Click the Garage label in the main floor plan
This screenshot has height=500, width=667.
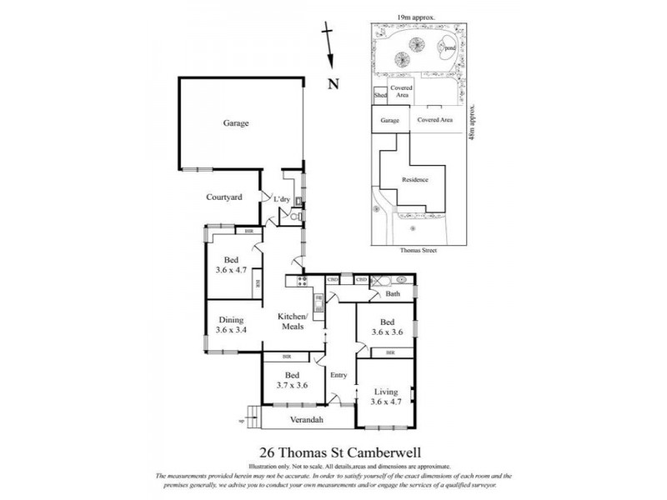(x=236, y=123)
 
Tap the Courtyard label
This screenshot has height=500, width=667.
(x=224, y=197)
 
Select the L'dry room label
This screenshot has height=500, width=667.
(x=282, y=199)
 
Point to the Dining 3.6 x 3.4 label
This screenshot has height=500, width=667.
(x=230, y=325)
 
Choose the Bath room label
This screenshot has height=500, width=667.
(x=392, y=295)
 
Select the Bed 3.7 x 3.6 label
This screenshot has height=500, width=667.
(x=292, y=380)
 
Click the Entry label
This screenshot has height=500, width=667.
(x=339, y=375)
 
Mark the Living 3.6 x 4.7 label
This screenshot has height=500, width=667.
(x=385, y=397)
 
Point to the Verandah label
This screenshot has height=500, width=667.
(x=306, y=419)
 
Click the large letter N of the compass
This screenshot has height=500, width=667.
(x=333, y=83)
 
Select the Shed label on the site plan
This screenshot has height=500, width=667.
(x=381, y=96)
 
